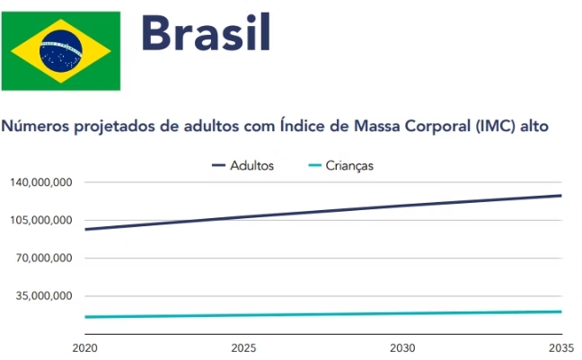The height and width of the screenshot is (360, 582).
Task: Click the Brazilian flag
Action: coord(60,50)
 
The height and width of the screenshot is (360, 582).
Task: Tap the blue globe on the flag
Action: coord(60,50)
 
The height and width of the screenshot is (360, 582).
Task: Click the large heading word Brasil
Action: coord(205,35)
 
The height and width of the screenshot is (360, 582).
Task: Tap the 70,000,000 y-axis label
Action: coord(43,259)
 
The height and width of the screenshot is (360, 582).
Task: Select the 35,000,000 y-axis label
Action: coord(43,296)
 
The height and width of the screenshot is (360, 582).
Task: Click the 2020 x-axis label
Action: coord(84,347)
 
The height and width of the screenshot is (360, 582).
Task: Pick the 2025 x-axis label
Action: coord(243,347)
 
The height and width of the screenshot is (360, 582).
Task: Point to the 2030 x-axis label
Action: coord(402,347)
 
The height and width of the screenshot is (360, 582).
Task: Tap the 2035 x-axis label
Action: coord(560,347)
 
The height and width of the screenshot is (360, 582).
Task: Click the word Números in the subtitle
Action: coord(33,127)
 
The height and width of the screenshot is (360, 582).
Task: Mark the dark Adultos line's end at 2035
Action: coord(560,196)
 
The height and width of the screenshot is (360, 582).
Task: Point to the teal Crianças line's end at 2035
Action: coord(560,312)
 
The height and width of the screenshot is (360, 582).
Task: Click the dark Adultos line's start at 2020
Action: coord(85,229)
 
